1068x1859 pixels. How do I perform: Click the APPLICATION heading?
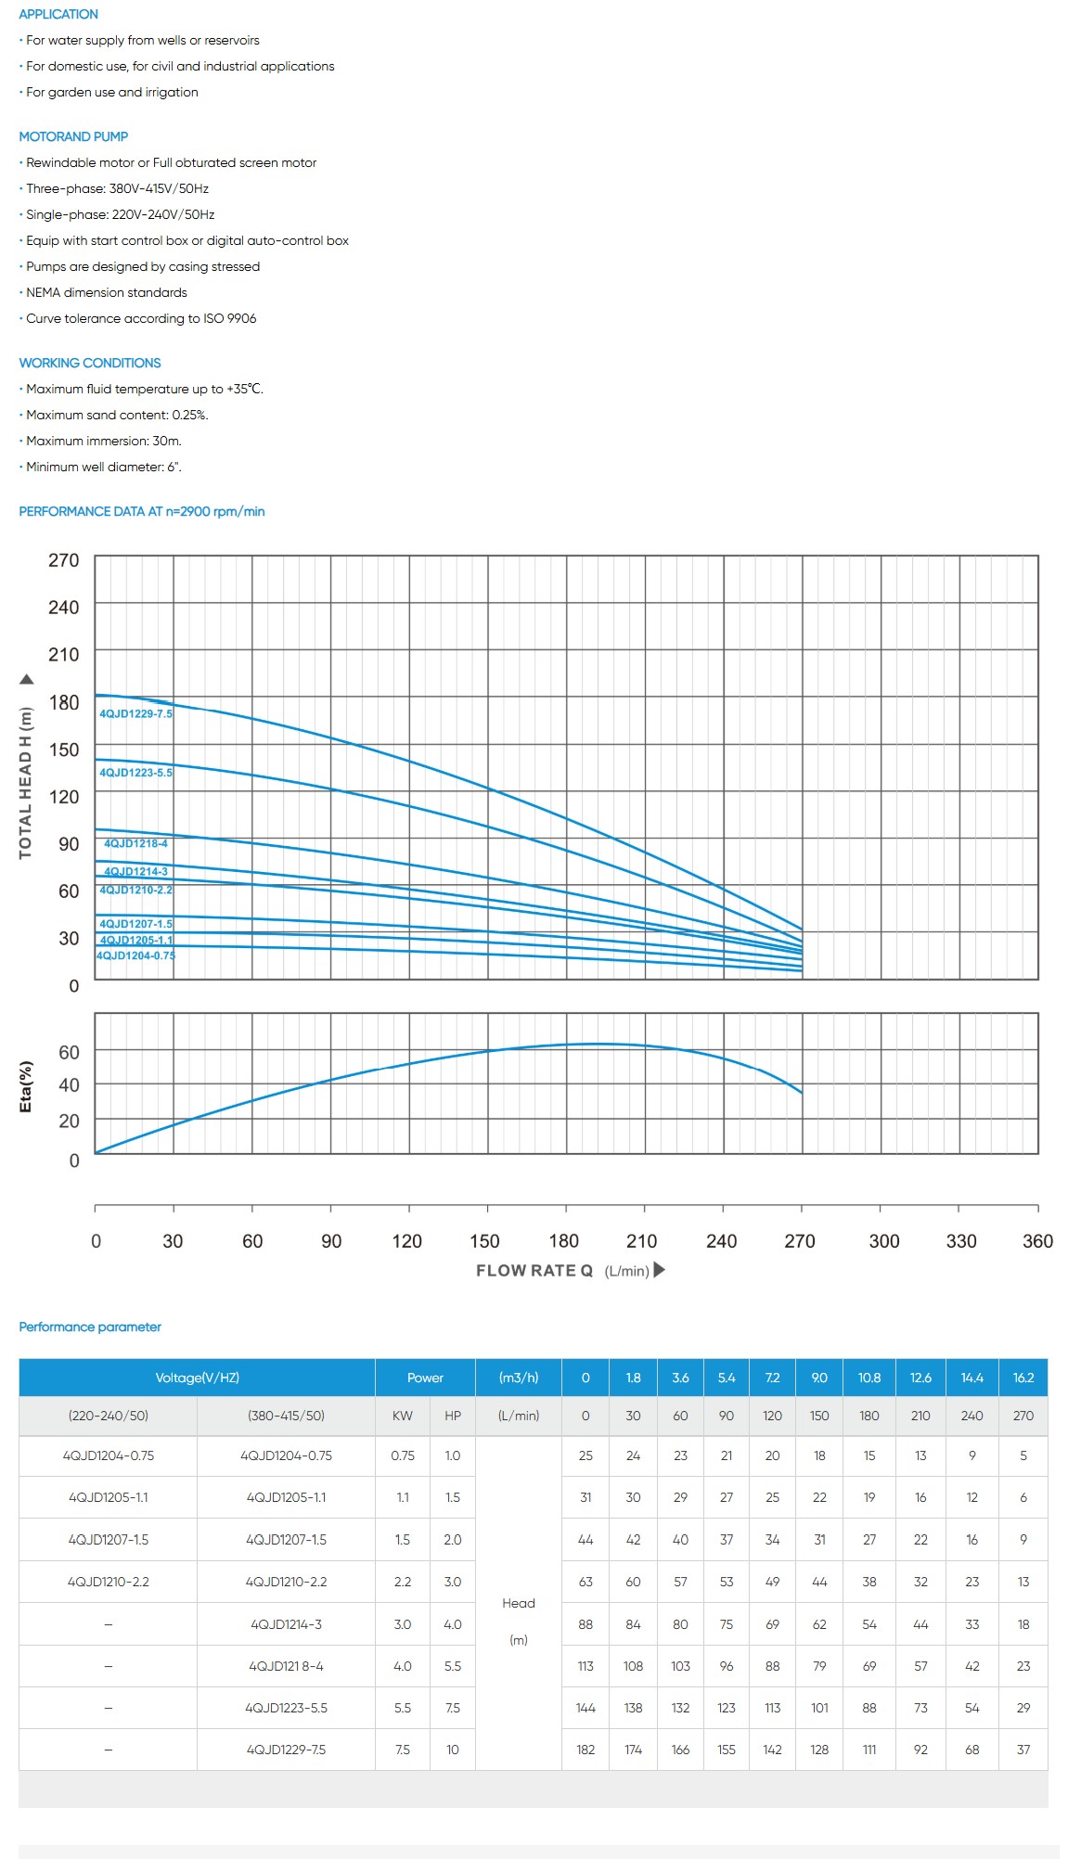tap(58, 14)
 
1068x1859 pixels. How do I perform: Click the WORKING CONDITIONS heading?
tap(90, 363)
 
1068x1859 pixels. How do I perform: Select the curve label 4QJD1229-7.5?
tap(135, 713)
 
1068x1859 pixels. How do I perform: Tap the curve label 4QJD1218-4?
tap(135, 843)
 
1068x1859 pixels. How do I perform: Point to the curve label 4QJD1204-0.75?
tap(135, 955)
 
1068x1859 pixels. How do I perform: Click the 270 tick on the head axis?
tap(64, 560)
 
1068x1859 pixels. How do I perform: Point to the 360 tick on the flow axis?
tap(1037, 1241)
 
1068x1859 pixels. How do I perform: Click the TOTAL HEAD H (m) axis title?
tap(26, 782)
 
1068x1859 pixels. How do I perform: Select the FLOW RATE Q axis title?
tap(534, 1271)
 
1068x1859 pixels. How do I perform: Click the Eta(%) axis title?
tap(26, 1086)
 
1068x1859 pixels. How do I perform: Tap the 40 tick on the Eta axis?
tap(69, 1084)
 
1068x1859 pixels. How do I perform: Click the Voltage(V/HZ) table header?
tap(197, 1378)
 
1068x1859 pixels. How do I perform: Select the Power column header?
tap(425, 1378)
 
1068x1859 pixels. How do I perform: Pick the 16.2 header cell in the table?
tap(1023, 1378)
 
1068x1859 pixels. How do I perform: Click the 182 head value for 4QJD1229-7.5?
tap(585, 1750)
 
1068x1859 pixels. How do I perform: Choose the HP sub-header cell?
tap(453, 1416)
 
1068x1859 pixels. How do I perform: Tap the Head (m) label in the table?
tap(519, 1621)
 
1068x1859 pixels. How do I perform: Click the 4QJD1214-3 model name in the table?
tap(286, 1624)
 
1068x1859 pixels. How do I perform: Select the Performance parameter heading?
tap(90, 1327)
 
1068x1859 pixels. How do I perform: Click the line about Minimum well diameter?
tap(103, 467)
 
